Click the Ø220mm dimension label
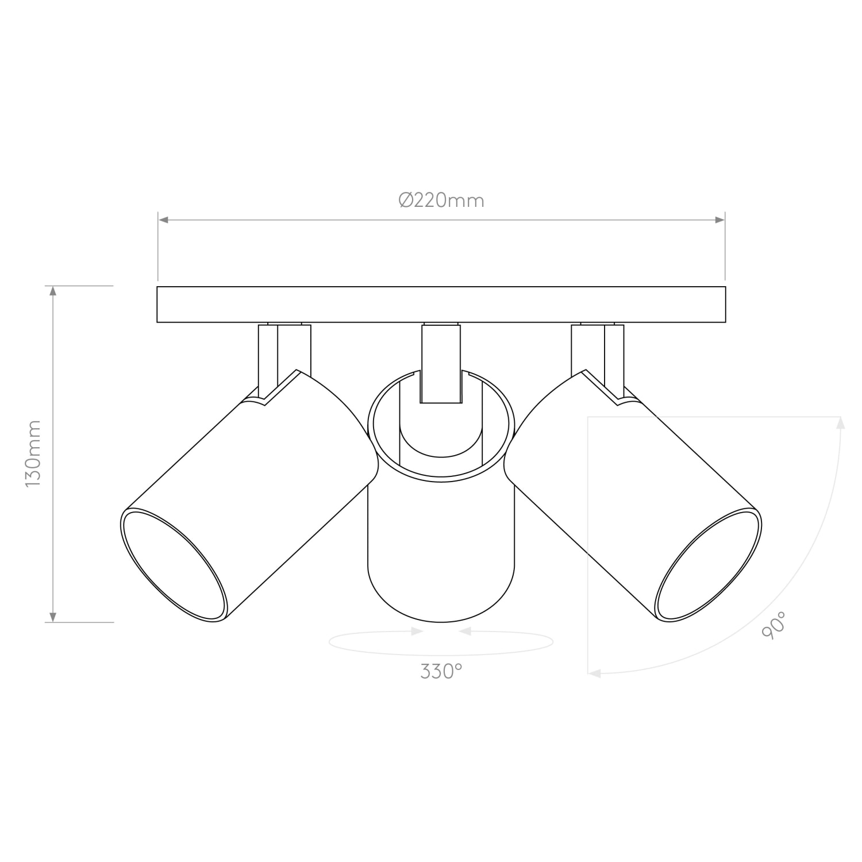pos(441,200)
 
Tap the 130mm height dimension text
pos(33,454)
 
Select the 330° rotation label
pos(441,671)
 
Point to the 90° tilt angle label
pos(774,625)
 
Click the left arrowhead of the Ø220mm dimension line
pos(163,220)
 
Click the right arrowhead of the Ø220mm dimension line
pos(720,220)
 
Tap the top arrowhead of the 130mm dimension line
pos(53,291)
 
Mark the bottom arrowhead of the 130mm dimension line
pos(53,617)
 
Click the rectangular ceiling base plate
pos(441,305)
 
